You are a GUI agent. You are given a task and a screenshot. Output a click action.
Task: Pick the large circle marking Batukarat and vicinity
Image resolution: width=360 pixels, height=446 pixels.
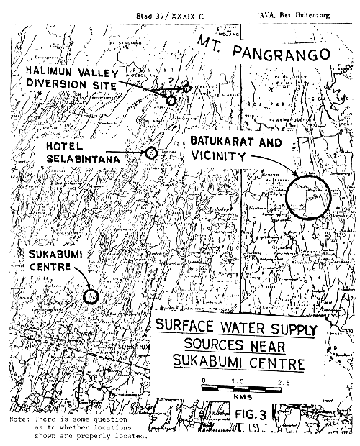point(306,195)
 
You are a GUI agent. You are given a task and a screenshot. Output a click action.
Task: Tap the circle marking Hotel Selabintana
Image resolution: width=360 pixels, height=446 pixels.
point(151,153)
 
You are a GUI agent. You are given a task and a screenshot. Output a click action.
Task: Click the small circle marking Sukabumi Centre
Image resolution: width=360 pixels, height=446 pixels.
point(91,295)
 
